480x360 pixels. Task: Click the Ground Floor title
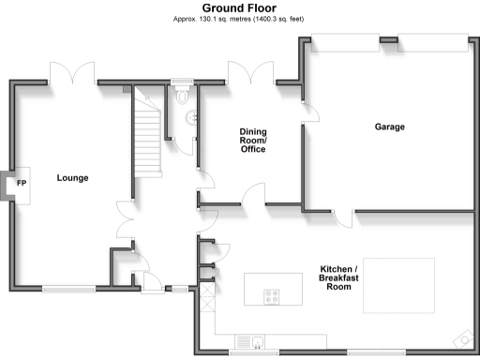[239, 7]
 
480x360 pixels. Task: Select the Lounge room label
[72, 177]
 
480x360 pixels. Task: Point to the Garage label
[389, 127]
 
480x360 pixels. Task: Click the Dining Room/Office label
[253, 141]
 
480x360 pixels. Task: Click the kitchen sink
[256, 339]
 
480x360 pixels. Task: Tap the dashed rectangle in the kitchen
[398, 285]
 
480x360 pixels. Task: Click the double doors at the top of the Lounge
[72, 73]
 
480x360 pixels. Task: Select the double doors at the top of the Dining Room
[250, 73]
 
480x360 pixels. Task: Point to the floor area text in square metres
[239, 19]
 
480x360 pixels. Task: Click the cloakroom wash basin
[192, 118]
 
